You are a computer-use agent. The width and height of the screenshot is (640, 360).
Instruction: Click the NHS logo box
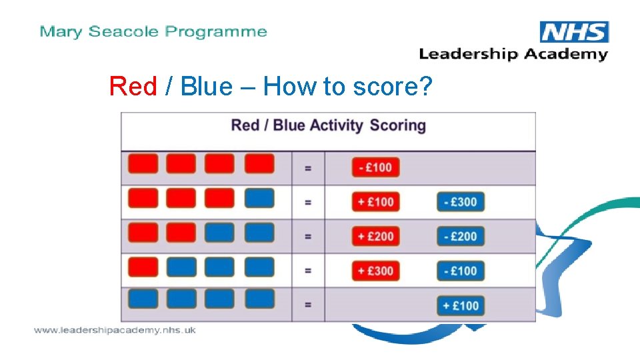(574, 32)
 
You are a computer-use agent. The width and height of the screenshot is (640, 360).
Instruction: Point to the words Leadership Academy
(513, 54)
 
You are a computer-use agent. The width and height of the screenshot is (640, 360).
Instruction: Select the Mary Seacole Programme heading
(153, 31)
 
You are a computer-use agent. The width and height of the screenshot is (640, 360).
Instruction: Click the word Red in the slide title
(133, 86)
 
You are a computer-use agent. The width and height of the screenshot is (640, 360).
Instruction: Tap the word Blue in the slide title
(206, 86)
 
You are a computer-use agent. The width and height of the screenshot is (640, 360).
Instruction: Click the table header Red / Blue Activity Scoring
(328, 125)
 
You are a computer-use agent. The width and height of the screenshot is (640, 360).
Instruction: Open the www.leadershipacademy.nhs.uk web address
(115, 330)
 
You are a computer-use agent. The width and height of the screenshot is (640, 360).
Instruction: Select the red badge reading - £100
(376, 167)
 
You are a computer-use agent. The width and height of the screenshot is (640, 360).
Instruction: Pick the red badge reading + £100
(376, 201)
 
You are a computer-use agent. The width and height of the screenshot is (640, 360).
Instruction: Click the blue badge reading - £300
(460, 201)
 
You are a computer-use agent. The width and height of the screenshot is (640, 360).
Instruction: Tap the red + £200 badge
(376, 236)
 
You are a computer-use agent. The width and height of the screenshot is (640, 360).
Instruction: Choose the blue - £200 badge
(460, 236)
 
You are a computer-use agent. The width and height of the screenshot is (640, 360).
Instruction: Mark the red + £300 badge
(376, 271)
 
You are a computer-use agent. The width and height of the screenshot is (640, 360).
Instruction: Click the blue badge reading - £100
(460, 271)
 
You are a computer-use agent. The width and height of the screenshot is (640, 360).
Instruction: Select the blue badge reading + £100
(460, 305)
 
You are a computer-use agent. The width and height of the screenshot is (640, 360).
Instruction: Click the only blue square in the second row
(259, 198)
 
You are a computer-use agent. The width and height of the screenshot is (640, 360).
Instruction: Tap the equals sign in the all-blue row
(308, 305)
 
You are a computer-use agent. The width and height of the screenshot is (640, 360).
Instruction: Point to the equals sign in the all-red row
(308, 168)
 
